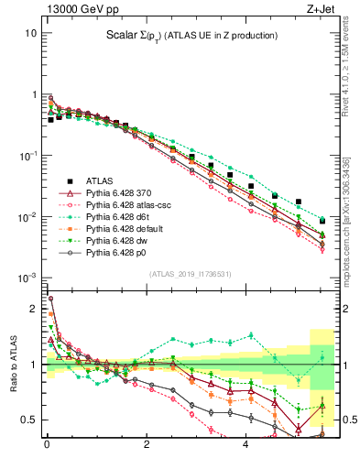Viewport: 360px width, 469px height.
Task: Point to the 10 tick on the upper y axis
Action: tap(30, 33)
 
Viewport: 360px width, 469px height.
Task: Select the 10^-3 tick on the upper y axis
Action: tap(27, 278)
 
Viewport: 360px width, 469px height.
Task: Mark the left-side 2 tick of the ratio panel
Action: tap(34, 309)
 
